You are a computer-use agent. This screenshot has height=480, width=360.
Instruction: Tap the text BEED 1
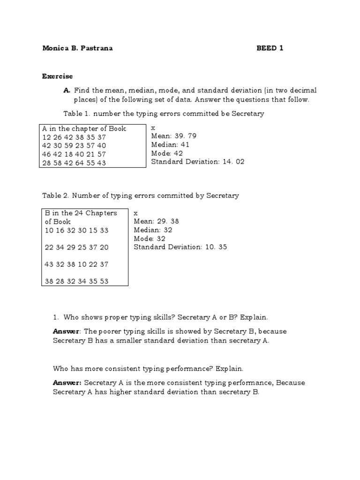click(270, 48)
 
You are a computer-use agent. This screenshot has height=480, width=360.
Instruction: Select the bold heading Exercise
click(57, 76)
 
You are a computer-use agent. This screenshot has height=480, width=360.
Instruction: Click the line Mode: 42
click(167, 153)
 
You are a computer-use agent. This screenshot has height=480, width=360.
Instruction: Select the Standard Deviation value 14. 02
click(232, 162)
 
